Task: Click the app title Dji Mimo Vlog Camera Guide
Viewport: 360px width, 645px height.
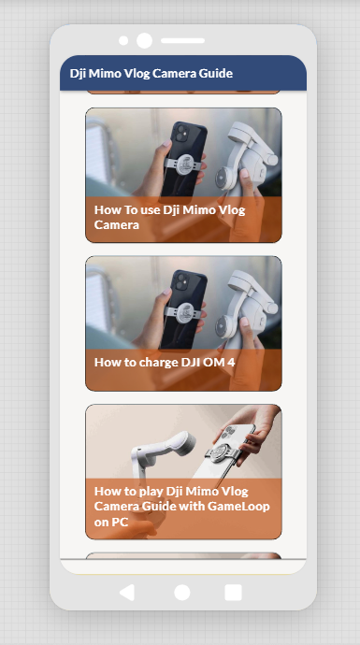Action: click(151, 73)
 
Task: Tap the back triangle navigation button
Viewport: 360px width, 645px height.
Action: click(127, 593)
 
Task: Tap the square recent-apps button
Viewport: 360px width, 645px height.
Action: click(233, 593)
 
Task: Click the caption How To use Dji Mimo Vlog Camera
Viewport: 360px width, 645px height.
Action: click(169, 217)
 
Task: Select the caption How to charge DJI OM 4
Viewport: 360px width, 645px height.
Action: click(165, 362)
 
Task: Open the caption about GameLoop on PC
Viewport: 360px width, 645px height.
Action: click(181, 507)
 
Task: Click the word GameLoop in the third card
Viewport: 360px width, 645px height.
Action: click(238, 506)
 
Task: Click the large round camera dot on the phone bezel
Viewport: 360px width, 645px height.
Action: click(144, 41)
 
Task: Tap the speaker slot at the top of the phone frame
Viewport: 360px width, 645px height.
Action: click(182, 41)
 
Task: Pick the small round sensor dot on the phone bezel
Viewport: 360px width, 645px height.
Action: click(123, 41)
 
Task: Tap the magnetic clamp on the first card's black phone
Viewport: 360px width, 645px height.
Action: click(185, 164)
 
